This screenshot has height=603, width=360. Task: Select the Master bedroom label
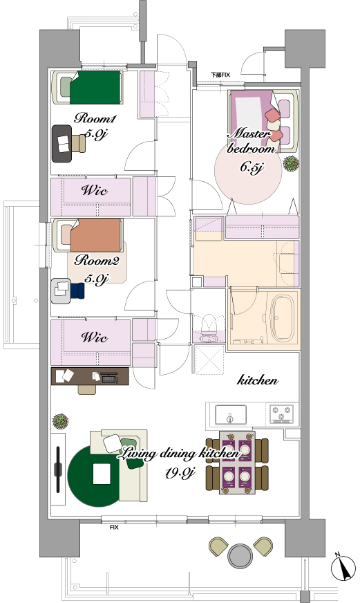click(252, 141)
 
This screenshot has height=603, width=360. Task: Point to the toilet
click(209, 328)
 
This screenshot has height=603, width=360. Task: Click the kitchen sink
click(231, 415)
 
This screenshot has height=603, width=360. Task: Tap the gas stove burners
click(282, 414)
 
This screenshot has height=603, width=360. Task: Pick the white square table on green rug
click(102, 474)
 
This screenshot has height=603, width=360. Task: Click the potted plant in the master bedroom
click(291, 163)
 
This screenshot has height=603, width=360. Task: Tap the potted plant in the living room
click(60, 421)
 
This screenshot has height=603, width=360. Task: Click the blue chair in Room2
click(77, 290)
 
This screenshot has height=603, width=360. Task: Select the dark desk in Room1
click(62, 143)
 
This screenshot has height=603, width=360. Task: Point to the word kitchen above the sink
click(258, 380)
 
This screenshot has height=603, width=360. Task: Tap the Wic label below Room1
click(95, 190)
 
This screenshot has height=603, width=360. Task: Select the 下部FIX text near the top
click(220, 75)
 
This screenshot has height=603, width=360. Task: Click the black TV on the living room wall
click(58, 469)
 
